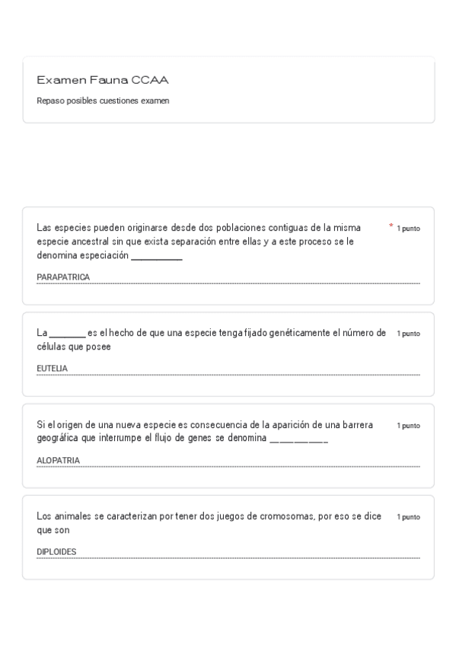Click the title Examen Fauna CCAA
[x=103, y=80]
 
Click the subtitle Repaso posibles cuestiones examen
[x=103, y=101]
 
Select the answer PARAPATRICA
[x=63, y=277]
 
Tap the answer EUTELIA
[x=52, y=369]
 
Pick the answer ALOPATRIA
[x=58, y=460]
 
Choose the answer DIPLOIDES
[x=56, y=552]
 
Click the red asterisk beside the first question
[x=391, y=226]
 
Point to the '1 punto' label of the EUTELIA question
[x=408, y=334]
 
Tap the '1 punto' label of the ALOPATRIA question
[x=408, y=426]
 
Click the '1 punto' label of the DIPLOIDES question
[x=408, y=517]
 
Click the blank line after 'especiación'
[x=157, y=258]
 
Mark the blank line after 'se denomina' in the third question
[x=298, y=441]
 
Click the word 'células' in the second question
[x=51, y=347]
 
